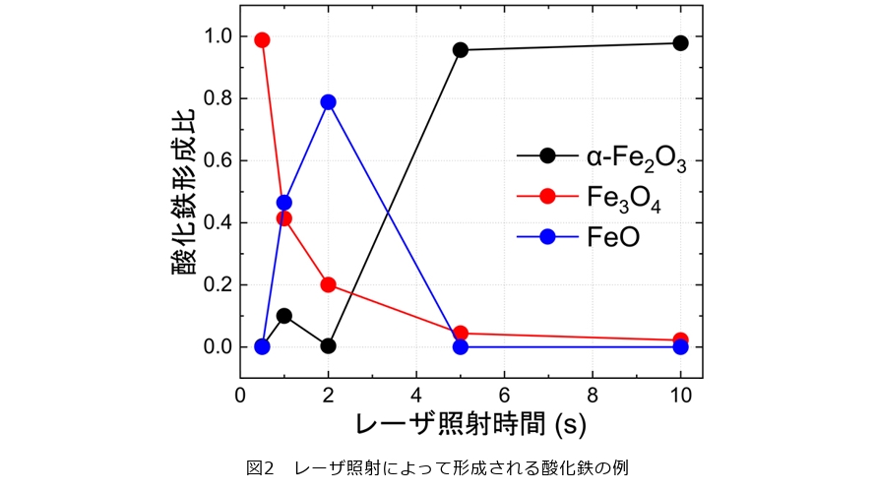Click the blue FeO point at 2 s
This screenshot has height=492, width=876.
[x=328, y=102]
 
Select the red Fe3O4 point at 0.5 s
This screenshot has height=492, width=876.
[x=262, y=40]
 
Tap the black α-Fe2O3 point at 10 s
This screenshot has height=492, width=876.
[x=680, y=42]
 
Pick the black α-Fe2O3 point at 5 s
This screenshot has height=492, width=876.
[x=461, y=49]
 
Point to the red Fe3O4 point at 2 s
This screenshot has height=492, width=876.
[x=328, y=284]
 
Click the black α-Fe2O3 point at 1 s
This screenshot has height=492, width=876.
[x=284, y=316]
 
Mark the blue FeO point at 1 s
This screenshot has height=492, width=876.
[x=284, y=203]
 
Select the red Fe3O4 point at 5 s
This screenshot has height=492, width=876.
[x=461, y=333]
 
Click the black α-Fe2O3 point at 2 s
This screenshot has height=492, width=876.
[x=328, y=345]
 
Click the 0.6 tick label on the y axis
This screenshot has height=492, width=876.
[x=218, y=160]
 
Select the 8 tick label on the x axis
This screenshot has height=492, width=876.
[x=592, y=393]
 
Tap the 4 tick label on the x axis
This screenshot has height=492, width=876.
[x=416, y=393]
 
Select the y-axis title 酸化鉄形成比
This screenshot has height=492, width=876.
[x=186, y=193]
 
